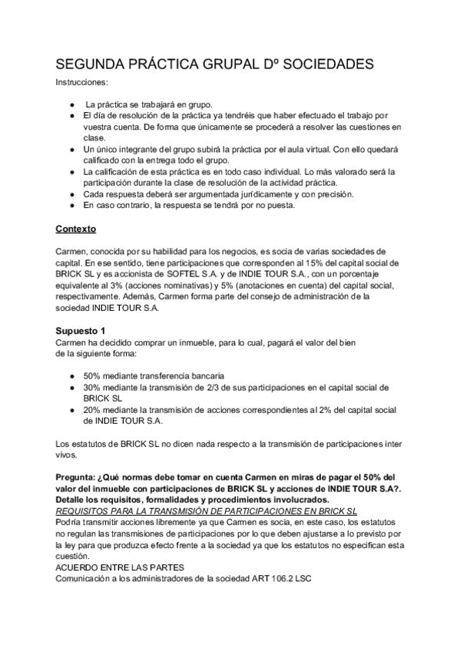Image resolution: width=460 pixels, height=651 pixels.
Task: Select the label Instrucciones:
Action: (x=82, y=81)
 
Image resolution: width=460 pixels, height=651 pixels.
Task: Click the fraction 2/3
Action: (x=222, y=388)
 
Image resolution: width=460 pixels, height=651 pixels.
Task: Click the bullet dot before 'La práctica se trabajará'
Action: (x=71, y=103)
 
